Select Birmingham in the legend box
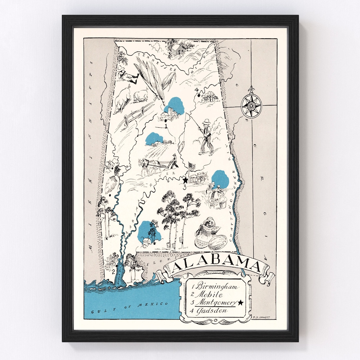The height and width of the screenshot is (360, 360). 217,286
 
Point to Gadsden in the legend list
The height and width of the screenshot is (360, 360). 212,311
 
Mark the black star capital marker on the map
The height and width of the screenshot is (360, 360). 185,180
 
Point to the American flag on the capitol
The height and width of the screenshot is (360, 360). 191,166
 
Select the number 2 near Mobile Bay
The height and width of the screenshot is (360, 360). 114,271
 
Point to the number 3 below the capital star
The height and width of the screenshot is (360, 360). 184,187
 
